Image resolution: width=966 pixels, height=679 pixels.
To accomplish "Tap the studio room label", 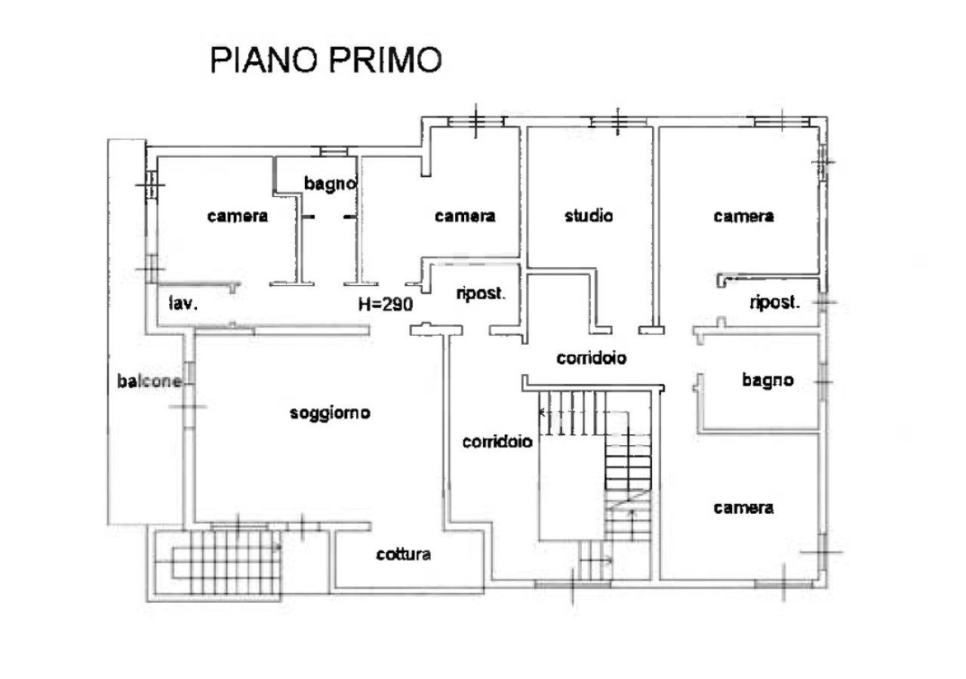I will [589, 216].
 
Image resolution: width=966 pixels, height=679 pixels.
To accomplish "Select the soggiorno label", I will [330, 413].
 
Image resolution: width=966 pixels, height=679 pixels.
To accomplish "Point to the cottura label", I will [404, 555].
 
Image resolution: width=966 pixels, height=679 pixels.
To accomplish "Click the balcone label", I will [149, 381].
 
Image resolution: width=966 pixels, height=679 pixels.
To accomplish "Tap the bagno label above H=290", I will [329, 183].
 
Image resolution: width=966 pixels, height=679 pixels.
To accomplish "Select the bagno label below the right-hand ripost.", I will [768, 380].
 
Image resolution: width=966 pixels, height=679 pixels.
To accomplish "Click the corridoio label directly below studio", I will [592, 358].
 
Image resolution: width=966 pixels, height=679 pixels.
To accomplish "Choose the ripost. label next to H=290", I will [481, 293].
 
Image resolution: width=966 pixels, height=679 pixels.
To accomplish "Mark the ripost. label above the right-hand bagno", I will [775, 303].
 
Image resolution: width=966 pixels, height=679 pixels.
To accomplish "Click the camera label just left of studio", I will [465, 216].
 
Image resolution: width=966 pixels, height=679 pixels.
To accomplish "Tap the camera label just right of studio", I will [743, 217].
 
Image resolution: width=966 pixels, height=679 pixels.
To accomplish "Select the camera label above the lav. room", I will [238, 216].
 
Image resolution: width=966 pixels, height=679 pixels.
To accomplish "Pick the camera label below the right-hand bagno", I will [743, 508].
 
